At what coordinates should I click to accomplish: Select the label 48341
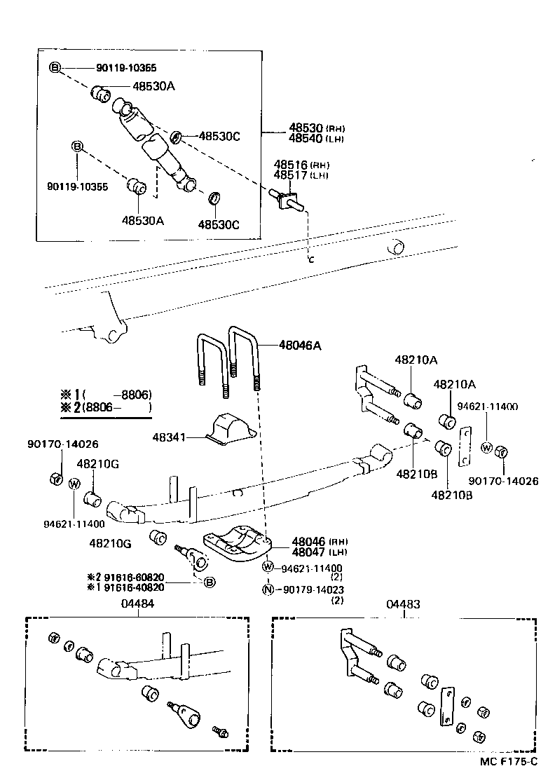click(x=169, y=437)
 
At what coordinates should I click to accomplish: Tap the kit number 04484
click(x=137, y=603)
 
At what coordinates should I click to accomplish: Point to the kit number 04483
click(x=404, y=603)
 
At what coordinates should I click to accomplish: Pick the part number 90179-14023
click(x=313, y=589)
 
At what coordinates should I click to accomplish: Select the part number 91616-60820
click(x=129, y=577)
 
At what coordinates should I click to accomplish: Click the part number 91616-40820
click(x=129, y=587)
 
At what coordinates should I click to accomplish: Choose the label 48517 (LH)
click(x=301, y=175)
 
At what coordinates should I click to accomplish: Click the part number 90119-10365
click(x=126, y=68)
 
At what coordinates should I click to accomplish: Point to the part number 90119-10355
click(x=77, y=187)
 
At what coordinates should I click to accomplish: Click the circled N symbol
click(x=268, y=589)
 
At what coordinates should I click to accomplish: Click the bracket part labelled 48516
click(x=287, y=199)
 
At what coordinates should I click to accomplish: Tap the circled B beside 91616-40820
click(x=209, y=582)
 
